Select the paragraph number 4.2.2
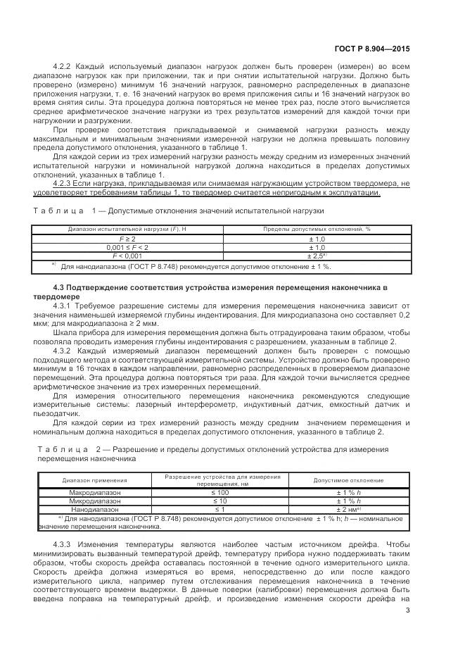click(x=64, y=65)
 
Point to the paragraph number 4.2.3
click(x=64, y=182)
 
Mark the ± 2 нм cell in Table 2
click(x=349, y=509)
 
